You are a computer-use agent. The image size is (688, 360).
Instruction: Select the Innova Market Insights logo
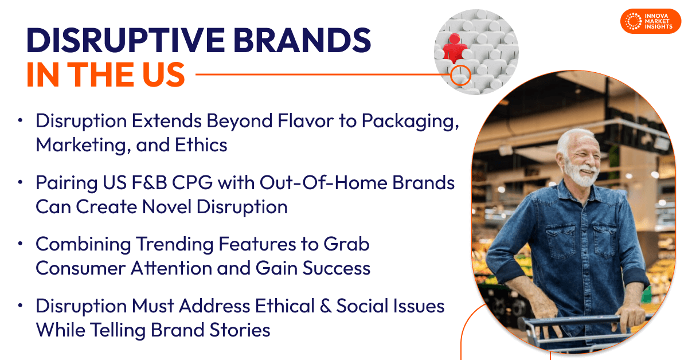[x=650, y=21]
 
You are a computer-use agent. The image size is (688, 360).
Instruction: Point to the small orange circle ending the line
[x=460, y=75]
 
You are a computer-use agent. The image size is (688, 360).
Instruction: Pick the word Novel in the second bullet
[x=163, y=206]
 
